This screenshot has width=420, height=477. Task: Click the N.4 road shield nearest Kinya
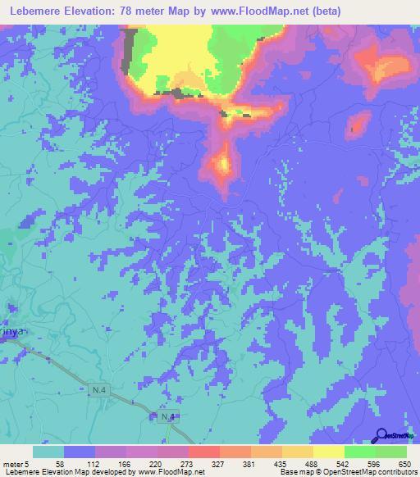coord(98,392)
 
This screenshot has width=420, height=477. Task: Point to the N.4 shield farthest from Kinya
coord(168,417)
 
